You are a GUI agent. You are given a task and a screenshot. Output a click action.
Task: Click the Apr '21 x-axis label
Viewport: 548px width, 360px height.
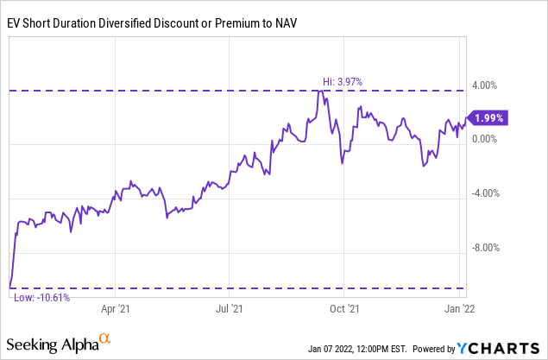116,306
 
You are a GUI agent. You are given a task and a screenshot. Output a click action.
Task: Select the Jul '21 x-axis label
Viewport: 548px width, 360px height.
229,306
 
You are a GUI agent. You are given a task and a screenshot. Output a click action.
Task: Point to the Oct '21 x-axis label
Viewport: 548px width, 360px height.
343,306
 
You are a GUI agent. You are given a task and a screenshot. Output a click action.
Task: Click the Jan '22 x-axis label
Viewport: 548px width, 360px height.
456,306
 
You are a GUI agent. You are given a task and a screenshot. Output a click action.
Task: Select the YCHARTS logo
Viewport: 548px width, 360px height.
501,348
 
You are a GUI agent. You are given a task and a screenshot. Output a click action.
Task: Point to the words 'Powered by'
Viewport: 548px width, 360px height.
438,349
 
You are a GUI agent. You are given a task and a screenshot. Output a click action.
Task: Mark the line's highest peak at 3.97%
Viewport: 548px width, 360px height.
321,90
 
